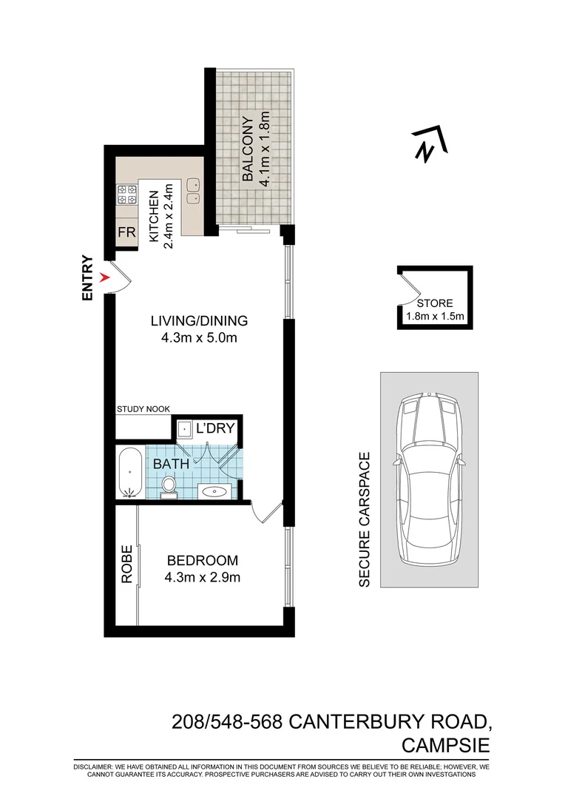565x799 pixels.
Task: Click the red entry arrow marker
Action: (x=106, y=277)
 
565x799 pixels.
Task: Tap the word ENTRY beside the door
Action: (x=88, y=278)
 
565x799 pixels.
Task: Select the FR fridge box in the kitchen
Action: (x=126, y=232)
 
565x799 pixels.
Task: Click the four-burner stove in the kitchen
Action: (x=126, y=194)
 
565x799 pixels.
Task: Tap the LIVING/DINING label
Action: (x=198, y=321)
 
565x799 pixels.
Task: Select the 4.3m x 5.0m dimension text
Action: (x=198, y=339)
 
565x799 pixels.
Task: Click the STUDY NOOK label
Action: (x=143, y=408)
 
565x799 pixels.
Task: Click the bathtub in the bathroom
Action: (x=131, y=472)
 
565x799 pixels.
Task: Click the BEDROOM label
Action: (x=202, y=560)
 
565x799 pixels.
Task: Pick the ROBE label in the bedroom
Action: (x=126, y=564)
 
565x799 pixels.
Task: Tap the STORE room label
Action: (x=434, y=303)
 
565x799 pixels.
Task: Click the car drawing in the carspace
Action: (x=429, y=479)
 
